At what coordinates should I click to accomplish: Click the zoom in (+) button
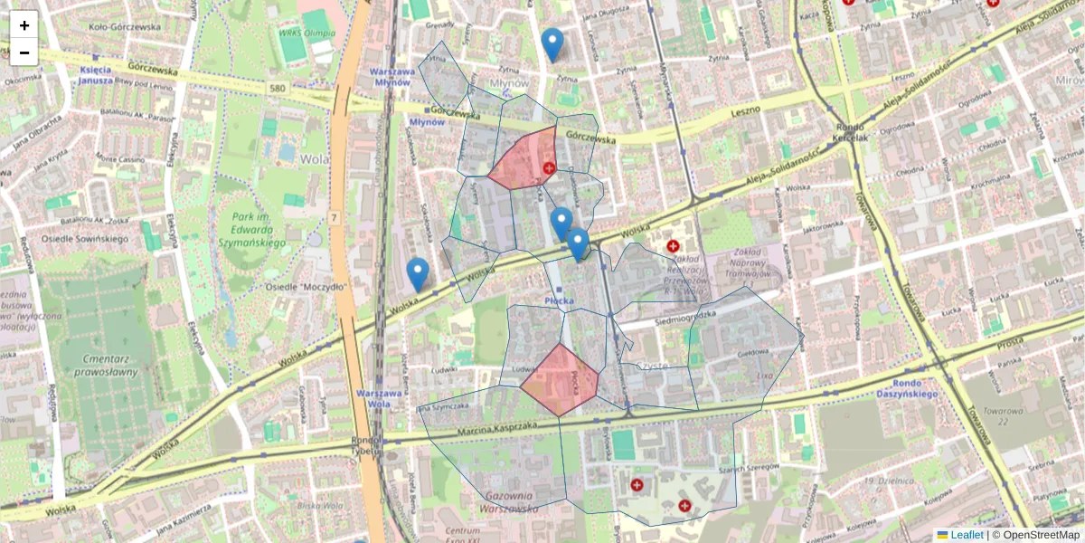24,24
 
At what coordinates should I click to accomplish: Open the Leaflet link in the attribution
967,535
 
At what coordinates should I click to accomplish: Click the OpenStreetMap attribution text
1040,535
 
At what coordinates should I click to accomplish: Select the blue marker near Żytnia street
552,44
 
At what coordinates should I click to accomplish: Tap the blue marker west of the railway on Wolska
418,274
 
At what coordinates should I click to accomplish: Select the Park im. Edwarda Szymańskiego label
251,231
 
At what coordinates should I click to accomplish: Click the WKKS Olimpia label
307,34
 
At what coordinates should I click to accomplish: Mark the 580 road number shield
278,88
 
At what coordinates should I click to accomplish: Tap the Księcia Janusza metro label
96,74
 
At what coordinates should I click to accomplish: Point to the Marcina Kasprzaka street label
497,427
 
